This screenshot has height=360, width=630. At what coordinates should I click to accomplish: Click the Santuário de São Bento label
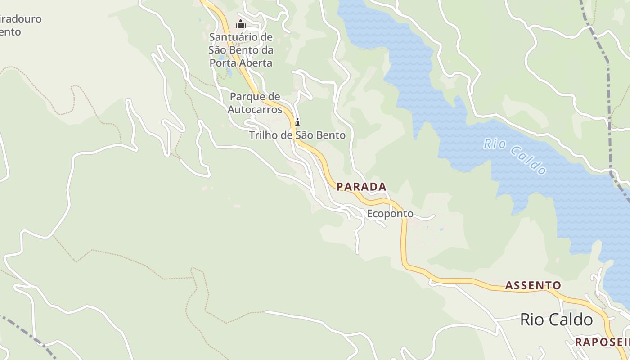241,49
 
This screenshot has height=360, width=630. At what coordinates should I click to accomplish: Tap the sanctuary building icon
241,24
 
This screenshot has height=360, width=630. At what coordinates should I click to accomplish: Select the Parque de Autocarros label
255,103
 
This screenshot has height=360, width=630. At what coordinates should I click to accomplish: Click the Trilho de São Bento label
297,135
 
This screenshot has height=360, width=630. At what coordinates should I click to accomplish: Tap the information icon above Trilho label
297,122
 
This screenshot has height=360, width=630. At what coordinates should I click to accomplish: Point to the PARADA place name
361,187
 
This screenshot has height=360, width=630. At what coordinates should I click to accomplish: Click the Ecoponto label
390,214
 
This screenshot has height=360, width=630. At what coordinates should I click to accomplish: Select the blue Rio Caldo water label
515,156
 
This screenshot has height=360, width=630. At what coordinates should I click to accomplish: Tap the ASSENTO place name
533,285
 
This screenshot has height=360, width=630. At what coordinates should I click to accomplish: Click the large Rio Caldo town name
556,319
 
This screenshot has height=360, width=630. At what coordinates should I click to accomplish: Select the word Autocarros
255,109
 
